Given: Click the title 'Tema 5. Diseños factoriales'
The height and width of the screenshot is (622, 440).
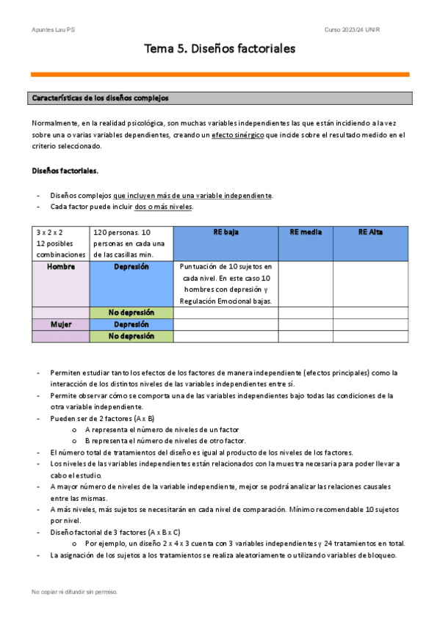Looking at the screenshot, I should pos(220,49).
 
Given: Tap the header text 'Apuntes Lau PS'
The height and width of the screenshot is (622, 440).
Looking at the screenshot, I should pos(54,29).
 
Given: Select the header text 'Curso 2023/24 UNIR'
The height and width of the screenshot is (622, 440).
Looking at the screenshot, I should pos(352,29).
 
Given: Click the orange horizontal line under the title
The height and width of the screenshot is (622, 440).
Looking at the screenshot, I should pos(220,74).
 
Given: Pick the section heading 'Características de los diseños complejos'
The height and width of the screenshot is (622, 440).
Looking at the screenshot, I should pos(99,98).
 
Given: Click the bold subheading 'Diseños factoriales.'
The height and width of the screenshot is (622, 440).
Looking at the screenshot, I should pos(65,170).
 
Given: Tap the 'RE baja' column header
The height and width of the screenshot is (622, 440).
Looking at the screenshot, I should pos(226,232).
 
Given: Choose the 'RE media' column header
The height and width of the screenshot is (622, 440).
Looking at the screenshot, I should pos(306,232).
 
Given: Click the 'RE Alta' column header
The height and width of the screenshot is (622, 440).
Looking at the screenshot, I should pos(371,232).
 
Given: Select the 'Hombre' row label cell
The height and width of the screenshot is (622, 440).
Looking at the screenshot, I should pos(61,267).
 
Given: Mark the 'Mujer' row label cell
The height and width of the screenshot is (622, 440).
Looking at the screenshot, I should pos(61,324).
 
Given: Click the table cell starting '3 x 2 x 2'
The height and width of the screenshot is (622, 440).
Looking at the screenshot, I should pos(61,243).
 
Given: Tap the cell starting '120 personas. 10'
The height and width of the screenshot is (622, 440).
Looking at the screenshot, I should pos(131,243).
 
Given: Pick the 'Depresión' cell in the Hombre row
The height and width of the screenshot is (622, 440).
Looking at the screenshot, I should pos(131,267).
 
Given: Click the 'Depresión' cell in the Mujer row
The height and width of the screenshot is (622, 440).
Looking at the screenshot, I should pos(131,324).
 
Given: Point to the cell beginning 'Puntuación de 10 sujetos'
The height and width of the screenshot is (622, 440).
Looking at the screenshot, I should pos(226,284).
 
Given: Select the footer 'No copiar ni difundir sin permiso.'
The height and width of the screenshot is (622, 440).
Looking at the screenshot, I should pos(74,591).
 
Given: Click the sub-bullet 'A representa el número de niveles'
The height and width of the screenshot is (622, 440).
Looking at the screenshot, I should pos(162,429).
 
